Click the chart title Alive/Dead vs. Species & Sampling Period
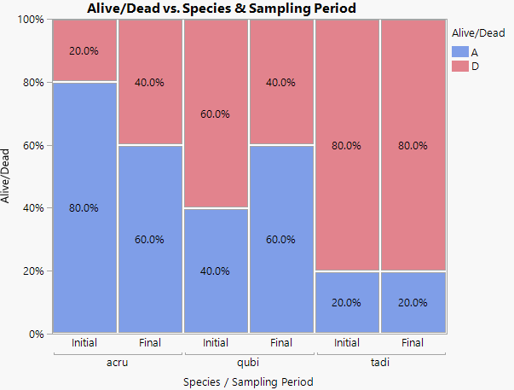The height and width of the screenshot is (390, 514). pyautogui.click(x=221, y=8)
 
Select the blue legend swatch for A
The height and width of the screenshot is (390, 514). pyautogui.click(x=459, y=52)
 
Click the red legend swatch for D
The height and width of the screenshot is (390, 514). pyautogui.click(x=459, y=67)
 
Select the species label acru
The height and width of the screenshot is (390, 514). pyautogui.click(x=118, y=361)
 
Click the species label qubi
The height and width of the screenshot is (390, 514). pyautogui.click(x=249, y=361)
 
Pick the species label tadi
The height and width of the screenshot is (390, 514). pyautogui.click(x=380, y=361)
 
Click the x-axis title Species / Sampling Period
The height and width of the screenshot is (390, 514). pyautogui.click(x=248, y=381)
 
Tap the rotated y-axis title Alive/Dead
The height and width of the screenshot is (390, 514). pyautogui.click(x=8, y=176)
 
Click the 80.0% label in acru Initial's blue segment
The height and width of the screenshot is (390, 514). pyautogui.click(x=84, y=208)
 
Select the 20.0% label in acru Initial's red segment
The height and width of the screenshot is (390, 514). pyautogui.click(x=84, y=50)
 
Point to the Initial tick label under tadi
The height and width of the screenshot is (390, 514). pyautogui.click(x=347, y=343)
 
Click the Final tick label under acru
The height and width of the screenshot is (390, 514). pyautogui.click(x=150, y=343)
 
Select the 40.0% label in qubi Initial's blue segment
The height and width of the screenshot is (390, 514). pyautogui.click(x=216, y=271)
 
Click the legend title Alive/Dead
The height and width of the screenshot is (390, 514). pyautogui.click(x=477, y=33)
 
